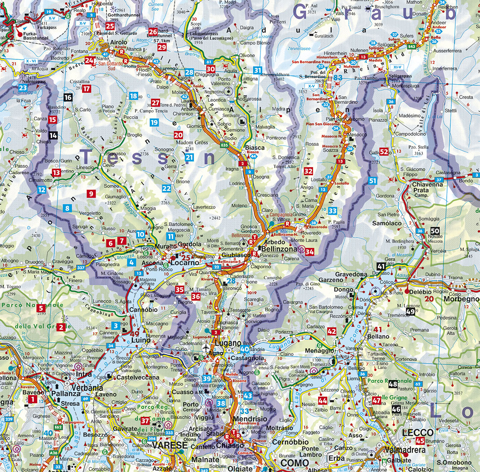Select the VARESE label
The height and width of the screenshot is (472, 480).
170,445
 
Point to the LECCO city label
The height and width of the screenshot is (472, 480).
418,433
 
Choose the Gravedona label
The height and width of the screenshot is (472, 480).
351,274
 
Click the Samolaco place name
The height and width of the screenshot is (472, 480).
387,223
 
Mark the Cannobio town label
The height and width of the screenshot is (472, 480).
143,309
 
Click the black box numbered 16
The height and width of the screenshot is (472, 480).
68,97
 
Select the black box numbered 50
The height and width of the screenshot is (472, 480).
435,231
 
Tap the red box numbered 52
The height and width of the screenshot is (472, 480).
384,152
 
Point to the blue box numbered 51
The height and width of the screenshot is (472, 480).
373,181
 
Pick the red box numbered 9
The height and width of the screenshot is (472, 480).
91,194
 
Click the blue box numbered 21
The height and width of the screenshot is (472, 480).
189,158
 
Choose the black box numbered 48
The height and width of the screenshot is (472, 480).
393,384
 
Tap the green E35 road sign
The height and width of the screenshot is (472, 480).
225,146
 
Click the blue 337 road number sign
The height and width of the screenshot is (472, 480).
81,268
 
